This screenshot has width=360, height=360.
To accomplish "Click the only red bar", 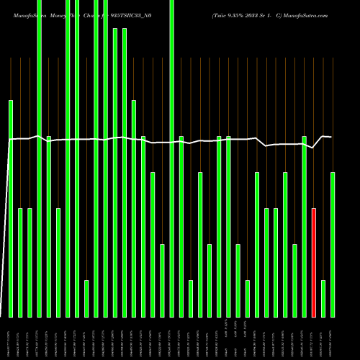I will point(314,262).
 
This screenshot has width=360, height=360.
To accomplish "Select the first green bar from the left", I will point(11,209).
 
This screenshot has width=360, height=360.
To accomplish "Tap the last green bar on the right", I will point(333,245).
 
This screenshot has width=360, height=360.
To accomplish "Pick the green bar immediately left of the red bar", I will point(305,226).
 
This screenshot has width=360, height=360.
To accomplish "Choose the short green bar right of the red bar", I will point(323,299).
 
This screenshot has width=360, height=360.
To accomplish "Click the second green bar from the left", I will point(20,262).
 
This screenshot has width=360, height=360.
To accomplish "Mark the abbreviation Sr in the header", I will point(266,15).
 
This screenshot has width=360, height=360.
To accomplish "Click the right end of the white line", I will point(332,137).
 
